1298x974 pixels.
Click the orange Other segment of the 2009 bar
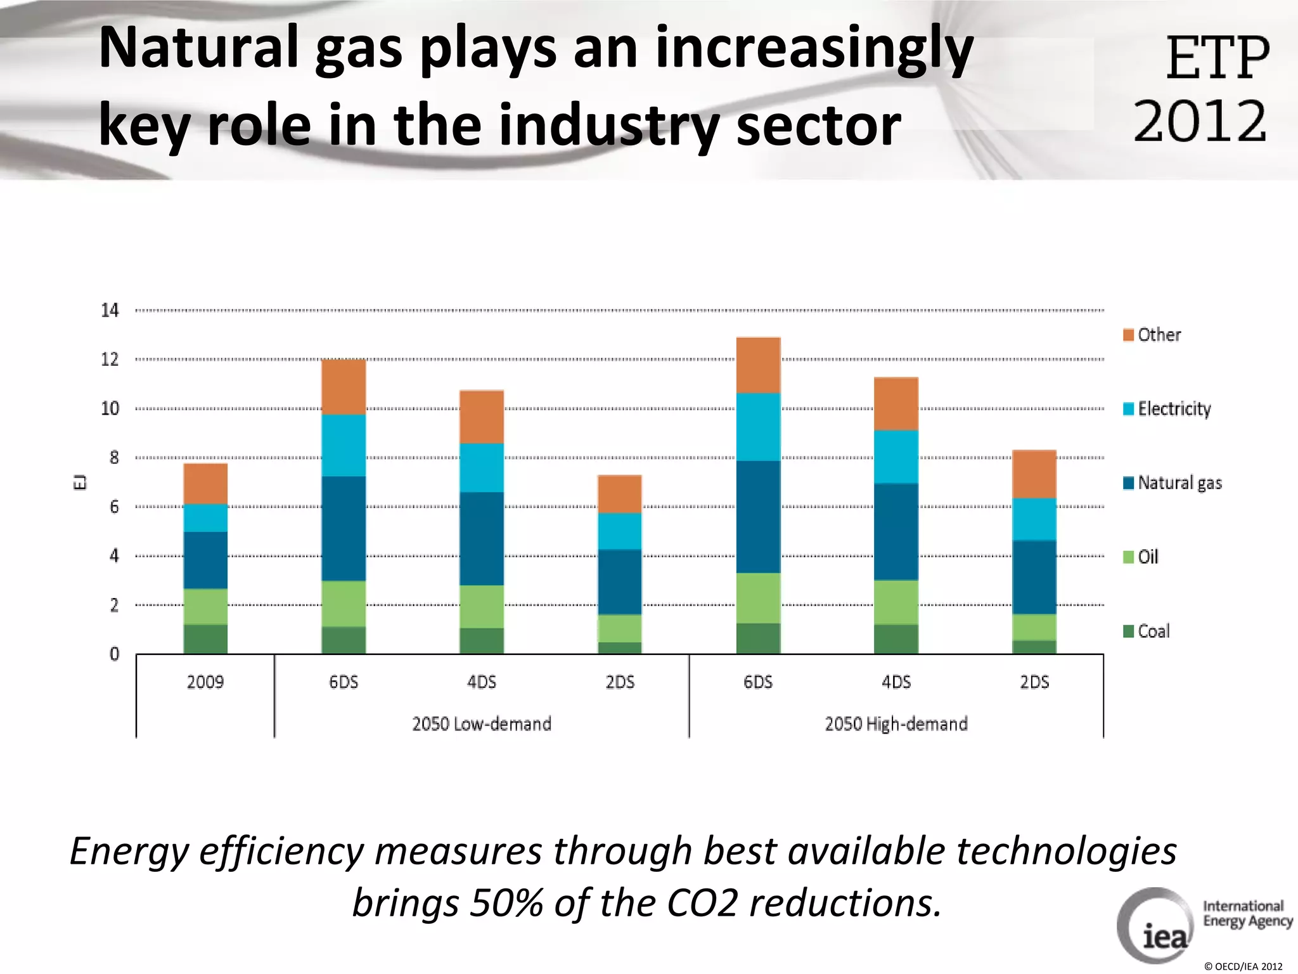(205, 483)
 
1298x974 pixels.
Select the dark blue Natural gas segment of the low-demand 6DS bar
(344, 528)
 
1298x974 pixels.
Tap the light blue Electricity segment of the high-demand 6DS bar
(758, 427)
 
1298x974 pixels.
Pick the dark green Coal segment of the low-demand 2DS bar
(620, 647)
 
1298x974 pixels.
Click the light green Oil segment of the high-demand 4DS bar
(896, 602)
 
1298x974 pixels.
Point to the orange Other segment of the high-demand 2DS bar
(1034, 474)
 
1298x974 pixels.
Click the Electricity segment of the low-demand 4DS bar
(482, 467)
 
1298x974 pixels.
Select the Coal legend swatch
(1128, 631)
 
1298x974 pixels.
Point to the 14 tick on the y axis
(110, 310)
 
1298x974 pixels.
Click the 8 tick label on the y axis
(114, 457)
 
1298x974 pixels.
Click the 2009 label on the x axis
(205, 682)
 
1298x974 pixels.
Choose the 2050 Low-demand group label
(482, 724)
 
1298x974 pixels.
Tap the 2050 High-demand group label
(896, 724)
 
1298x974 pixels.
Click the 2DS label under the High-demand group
(1034, 682)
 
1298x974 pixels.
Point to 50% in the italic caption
(506, 902)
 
